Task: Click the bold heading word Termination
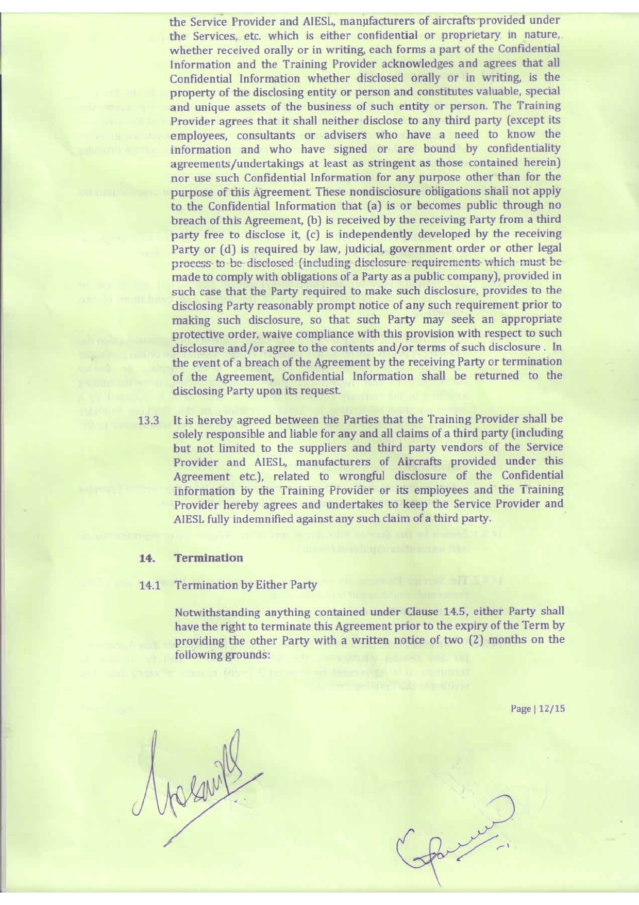(x=209, y=558)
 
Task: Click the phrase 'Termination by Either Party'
(x=246, y=586)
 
